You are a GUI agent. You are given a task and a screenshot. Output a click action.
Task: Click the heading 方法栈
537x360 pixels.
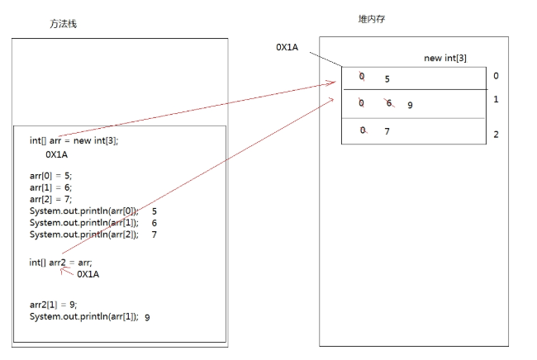(x=64, y=24)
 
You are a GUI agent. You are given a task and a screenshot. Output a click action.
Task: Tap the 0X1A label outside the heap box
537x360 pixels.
(x=287, y=47)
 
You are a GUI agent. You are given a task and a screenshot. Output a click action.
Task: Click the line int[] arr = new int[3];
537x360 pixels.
(x=74, y=140)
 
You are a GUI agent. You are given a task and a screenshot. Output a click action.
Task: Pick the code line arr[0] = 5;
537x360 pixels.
(x=51, y=175)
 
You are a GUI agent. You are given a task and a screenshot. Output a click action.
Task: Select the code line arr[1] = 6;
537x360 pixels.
(x=51, y=187)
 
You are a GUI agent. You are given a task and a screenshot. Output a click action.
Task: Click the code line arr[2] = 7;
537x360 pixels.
(x=51, y=199)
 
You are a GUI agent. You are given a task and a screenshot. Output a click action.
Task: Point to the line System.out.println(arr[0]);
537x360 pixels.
(x=84, y=211)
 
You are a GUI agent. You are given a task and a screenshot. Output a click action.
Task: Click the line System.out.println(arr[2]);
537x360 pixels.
(x=84, y=234)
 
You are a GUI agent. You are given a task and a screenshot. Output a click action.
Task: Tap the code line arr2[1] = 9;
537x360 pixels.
(x=54, y=305)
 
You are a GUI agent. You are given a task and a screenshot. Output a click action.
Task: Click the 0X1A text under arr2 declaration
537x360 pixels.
(x=88, y=274)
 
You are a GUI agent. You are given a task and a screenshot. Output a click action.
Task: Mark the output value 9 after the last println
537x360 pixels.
(x=147, y=317)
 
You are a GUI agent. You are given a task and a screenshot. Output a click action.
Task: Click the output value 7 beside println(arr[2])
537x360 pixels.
(x=154, y=234)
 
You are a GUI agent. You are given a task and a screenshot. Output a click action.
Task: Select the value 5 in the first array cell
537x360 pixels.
(x=387, y=80)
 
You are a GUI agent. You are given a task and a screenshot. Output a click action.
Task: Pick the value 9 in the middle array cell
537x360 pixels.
(x=410, y=106)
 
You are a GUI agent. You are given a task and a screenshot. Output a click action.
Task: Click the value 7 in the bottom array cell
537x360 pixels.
(x=387, y=131)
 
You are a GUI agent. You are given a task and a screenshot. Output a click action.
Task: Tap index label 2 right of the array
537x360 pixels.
(x=496, y=135)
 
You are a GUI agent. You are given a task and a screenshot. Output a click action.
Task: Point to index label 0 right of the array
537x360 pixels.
(x=496, y=76)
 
